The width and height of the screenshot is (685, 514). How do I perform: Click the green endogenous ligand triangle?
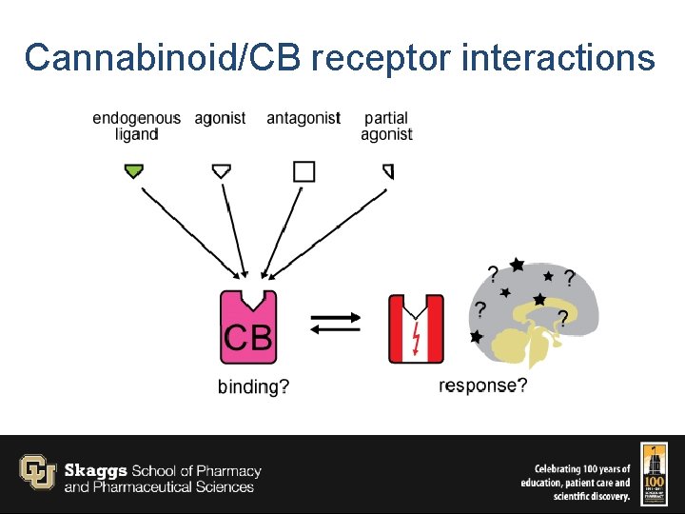(x=134, y=171)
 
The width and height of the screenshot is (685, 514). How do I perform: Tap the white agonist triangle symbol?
(x=221, y=171)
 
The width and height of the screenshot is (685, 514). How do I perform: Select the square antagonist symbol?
(x=303, y=171)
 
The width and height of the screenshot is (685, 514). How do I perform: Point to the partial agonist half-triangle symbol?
(x=388, y=171)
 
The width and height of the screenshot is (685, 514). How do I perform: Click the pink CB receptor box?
(x=248, y=328)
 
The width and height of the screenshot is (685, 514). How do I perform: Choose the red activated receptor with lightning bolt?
(x=416, y=329)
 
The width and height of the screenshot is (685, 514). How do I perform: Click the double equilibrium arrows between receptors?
(x=334, y=323)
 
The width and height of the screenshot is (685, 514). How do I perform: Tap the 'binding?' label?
(x=253, y=386)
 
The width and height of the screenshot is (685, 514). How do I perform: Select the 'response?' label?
(x=482, y=385)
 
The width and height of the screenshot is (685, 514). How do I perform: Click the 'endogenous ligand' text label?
(x=136, y=126)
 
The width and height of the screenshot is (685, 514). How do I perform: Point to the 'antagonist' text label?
(x=303, y=118)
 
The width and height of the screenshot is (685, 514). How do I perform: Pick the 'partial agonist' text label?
(x=386, y=126)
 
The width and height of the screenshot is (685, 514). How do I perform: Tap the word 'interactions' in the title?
(x=558, y=58)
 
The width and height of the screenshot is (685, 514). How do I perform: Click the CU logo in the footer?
(x=38, y=472)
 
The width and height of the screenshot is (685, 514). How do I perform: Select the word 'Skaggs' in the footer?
(x=96, y=470)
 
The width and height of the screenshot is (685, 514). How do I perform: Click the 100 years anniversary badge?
(x=654, y=473)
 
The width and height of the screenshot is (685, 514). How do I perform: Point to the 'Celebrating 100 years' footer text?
(x=581, y=469)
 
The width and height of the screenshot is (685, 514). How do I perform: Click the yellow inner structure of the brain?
(x=528, y=338)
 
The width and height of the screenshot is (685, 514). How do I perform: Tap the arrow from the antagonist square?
(x=284, y=228)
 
